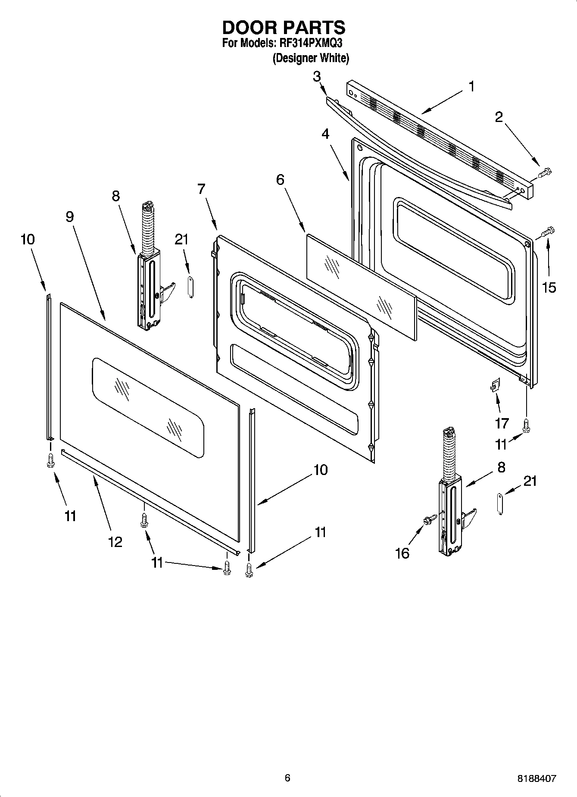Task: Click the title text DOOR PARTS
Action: pyautogui.click(x=284, y=28)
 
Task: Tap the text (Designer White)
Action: pyautogui.click(x=310, y=58)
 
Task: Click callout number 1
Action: pyautogui.click(x=471, y=87)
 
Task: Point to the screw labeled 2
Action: pyautogui.click(x=545, y=173)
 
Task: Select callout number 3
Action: pyautogui.click(x=317, y=77)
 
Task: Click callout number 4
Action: pyautogui.click(x=325, y=134)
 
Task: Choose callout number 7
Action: pyautogui.click(x=201, y=189)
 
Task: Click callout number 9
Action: pyautogui.click(x=70, y=217)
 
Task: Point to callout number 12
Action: pyautogui.click(x=115, y=542)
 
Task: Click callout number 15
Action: pyautogui.click(x=549, y=287)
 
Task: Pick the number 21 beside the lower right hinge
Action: pyautogui.click(x=530, y=481)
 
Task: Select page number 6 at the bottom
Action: pyautogui.click(x=287, y=778)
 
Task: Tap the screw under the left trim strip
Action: pyautogui.click(x=50, y=460)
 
